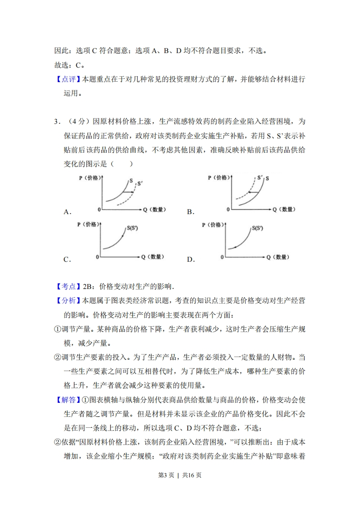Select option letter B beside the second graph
pos(191,212)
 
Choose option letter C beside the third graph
pos(67,259)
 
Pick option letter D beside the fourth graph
pos(191,259)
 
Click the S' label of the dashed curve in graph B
pos(260,178)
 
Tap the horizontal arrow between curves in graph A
pos(128,192)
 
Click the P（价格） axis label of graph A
pos(89,178)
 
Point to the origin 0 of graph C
pos(98,257)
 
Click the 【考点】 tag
pos(67,287)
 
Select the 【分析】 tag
pos(67,300)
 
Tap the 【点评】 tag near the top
pos(67,79)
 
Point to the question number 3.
pos(56,122)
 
